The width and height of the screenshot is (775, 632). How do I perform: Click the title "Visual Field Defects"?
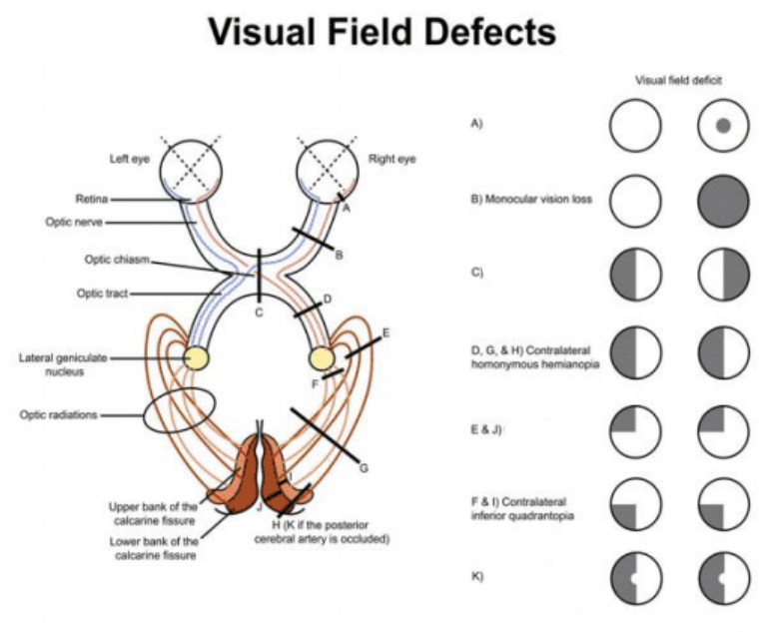[x=382, y=32]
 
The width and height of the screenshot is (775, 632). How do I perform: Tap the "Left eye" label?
[x=130, y=159]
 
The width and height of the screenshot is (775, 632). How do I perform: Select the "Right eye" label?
[x=392, y=159]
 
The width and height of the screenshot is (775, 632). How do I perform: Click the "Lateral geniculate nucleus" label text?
[x=60, y=364]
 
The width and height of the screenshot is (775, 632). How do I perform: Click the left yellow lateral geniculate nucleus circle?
[x=195, y=357]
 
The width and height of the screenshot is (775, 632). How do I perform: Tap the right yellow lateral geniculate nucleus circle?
[x=322, y=357]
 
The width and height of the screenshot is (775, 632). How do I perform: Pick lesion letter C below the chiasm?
[x=258, y=315]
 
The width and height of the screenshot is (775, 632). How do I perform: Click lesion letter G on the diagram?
[x=364, y=466]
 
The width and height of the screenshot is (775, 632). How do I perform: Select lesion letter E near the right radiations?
[x=386, y=332]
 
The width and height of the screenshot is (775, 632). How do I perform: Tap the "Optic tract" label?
[x=103, y=294]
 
